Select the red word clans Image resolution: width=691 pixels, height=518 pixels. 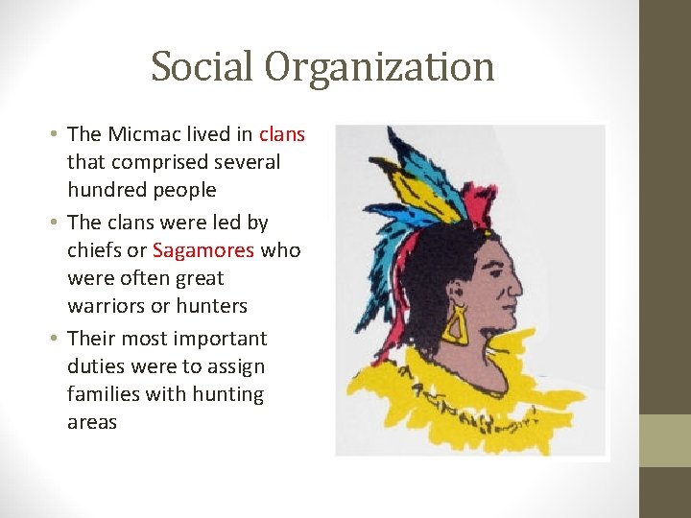[x=282, y=134]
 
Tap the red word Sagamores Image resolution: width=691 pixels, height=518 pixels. [x=203, y=250]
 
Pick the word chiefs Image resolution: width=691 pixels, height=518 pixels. [x=95, y=250]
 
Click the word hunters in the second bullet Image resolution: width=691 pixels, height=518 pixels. [x=211, y=306]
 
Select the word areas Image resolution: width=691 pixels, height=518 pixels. [x=92, y=422]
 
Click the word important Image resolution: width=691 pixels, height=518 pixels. [x=213, y=339]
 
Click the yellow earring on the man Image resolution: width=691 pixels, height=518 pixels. [x=454, y=326]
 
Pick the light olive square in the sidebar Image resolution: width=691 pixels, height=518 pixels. [x=665, y=440]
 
